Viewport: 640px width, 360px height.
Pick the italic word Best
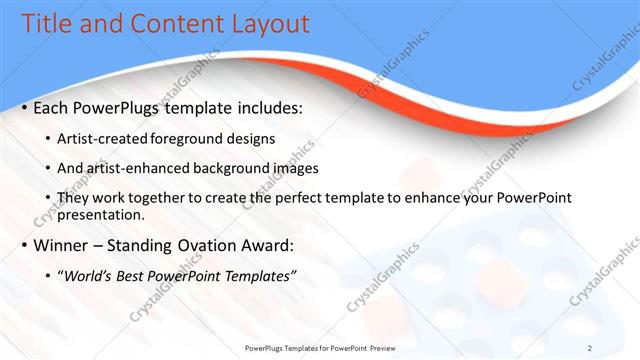pyautogui.click(x=143, y=275)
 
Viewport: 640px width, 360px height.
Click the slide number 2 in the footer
pyautogui.click(x=590, y=348)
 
